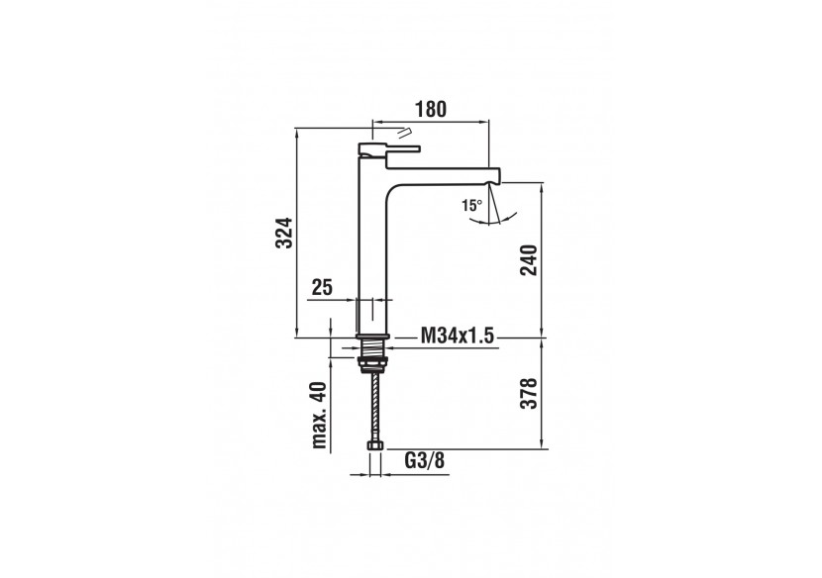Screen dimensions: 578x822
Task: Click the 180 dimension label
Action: pos(429,108)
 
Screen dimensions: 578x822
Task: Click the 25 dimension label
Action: pos(322,288)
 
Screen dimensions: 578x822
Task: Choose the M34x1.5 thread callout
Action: pos(458,337)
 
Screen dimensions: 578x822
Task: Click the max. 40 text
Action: pos(319,417)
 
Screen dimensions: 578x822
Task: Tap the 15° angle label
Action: pos(471,205)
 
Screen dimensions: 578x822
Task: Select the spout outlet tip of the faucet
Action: pos(496,175)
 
